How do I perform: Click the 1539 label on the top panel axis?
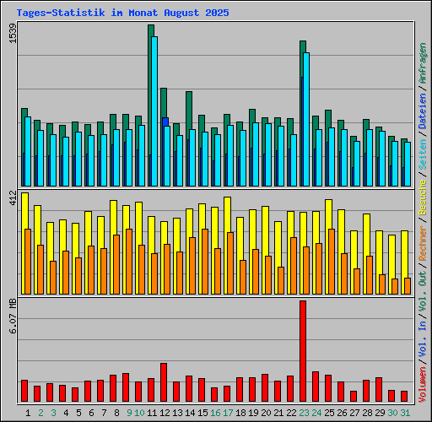pyautogui.click(x=12, y=36)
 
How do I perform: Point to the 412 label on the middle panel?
pyautogui.click(x=12, y=199)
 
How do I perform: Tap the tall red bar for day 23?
pyautogui.click(x=303, y=351)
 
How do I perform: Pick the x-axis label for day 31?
pyautogui.click(x=405, y=413)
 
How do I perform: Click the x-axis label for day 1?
pyautogui.click(x=28, y=413)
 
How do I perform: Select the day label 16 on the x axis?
pyautogui.click(x=215, y=413)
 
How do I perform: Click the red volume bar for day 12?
pyautogui.click(x=164, y=382)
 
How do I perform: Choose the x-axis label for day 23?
pyautogui.click(x=304, y=413)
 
